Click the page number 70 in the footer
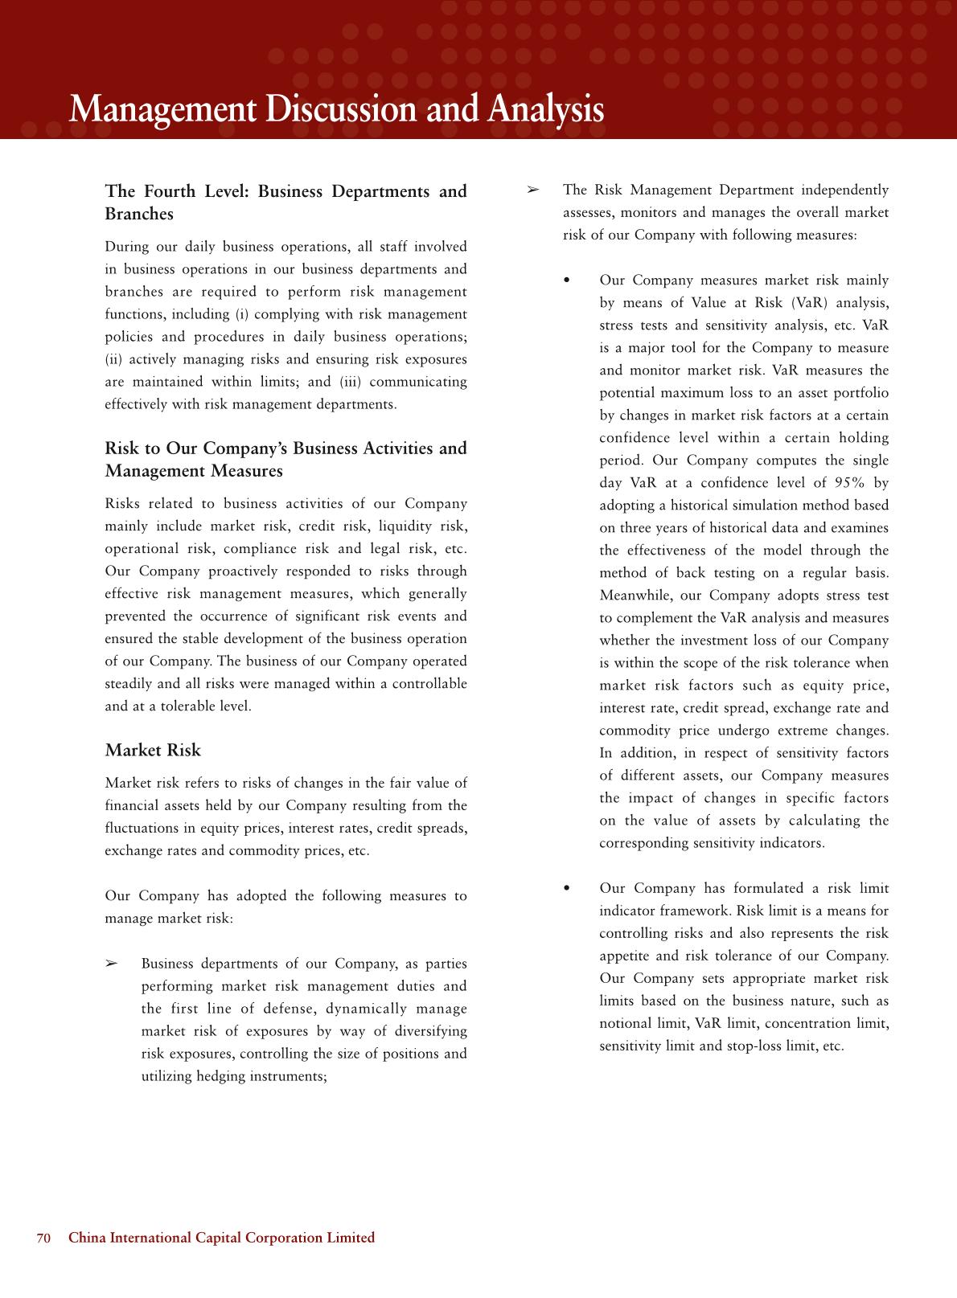(43, 1238)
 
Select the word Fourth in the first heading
(170, 191)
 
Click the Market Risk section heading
(153, 750)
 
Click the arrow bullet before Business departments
(112, 964)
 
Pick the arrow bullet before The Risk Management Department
(532, 190)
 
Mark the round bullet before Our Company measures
(568, 281)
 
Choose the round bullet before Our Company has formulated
(568, 889)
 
